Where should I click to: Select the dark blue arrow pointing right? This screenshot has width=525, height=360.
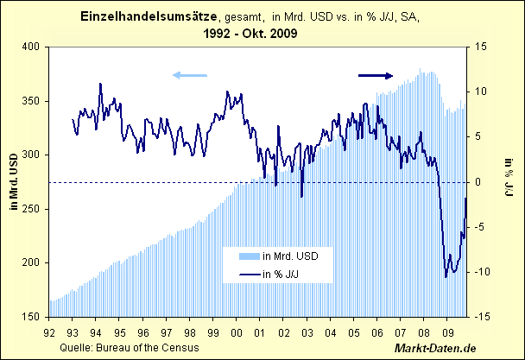coord(376,76)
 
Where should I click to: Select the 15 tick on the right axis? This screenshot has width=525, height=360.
coord(482,47)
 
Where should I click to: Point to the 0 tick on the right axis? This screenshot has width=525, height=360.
coord(479,182)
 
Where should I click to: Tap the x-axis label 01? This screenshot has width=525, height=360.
coord(260,332)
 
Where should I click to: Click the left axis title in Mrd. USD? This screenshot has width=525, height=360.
coord(11,182)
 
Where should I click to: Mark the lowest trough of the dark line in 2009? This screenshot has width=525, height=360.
coord(446,277)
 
